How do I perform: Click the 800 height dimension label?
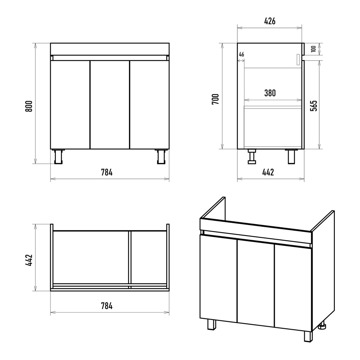tap(29, 106)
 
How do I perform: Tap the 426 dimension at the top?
tap(270, 21)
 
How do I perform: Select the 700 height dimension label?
tap(215, 99)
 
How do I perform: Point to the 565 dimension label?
tap(314, 106)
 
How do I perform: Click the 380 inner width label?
tap(270, 93)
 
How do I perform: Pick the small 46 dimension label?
tap(241, 55)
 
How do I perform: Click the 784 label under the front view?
tap(107, 172)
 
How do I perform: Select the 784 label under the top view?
tap(107, 306)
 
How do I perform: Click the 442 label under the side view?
tap(268, 172)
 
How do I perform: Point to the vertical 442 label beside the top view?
tap(29, 260)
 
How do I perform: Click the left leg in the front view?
tap(58, 157)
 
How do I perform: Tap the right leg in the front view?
tap(161, 157)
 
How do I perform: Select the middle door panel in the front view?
tap(110, 104)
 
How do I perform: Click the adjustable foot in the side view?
tap(252, 157)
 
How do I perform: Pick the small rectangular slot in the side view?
tap(298, 60)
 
